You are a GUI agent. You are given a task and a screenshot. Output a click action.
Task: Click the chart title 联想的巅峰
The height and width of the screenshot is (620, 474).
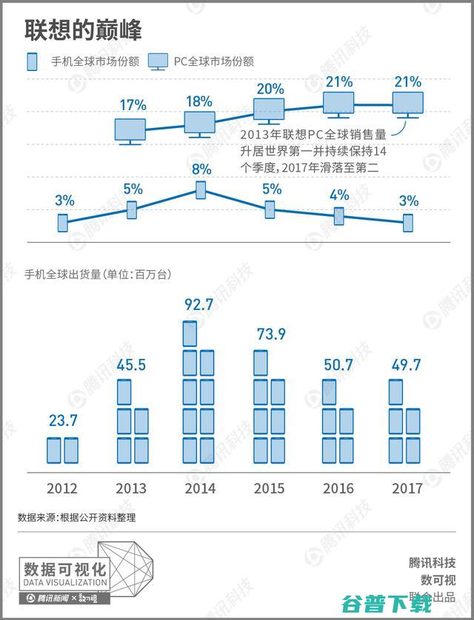tap(84, 30)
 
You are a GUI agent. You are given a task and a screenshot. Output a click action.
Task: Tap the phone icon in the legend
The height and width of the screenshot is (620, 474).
tap(32, 62)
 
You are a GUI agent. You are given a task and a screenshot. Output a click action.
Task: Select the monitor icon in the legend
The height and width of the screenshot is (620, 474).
tap(159, 62)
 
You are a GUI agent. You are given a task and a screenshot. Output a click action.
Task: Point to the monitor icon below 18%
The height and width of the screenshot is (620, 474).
tap(199, 123)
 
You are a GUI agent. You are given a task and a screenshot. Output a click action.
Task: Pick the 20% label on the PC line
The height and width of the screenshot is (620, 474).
tap(270, 89)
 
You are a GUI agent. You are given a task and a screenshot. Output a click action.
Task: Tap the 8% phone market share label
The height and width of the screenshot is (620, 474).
tap(201, 169)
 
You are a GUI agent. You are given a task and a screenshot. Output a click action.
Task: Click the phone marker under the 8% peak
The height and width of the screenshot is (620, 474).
tap(201, 190)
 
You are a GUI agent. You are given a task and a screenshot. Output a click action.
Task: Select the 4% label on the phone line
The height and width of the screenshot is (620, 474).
tap(339, 195)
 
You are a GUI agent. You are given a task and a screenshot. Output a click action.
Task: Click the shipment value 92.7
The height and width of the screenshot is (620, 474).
tap(200, 303)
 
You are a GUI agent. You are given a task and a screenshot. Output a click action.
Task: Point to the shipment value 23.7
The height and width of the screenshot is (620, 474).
tap(63, 421)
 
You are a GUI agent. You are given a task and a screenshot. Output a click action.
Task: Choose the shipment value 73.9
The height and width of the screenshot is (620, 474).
tap(271, 334)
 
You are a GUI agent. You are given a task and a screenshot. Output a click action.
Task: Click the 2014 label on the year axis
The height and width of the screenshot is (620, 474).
tap(200, 488)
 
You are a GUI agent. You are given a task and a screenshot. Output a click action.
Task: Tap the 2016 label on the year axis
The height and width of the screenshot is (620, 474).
tap(338, 488)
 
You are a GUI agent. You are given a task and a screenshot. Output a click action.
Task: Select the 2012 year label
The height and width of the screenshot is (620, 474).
tap(62, 488)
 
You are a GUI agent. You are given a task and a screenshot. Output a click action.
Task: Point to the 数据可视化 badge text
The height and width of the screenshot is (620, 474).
tap(65, 570)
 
